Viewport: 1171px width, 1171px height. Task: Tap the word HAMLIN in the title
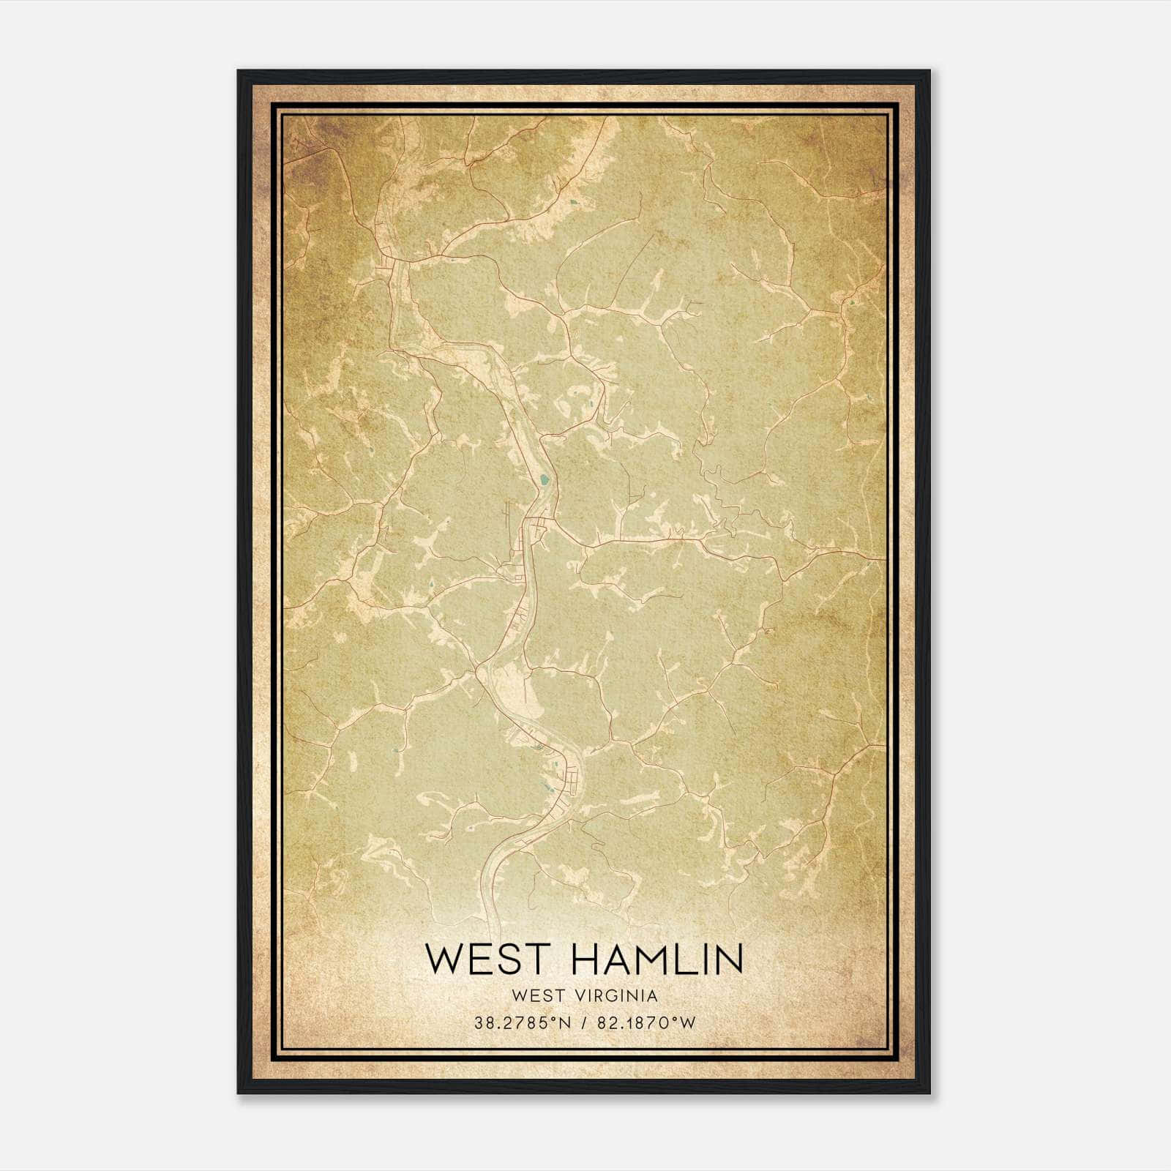tap(658, 959)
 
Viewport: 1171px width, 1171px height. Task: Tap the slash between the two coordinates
tap(583, 1023)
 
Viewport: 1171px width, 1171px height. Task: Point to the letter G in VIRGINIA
tap(611, 996)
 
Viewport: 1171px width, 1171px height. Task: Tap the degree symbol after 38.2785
tap(553, 1020)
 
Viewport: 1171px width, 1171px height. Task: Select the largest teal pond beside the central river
tap(543, 481)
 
